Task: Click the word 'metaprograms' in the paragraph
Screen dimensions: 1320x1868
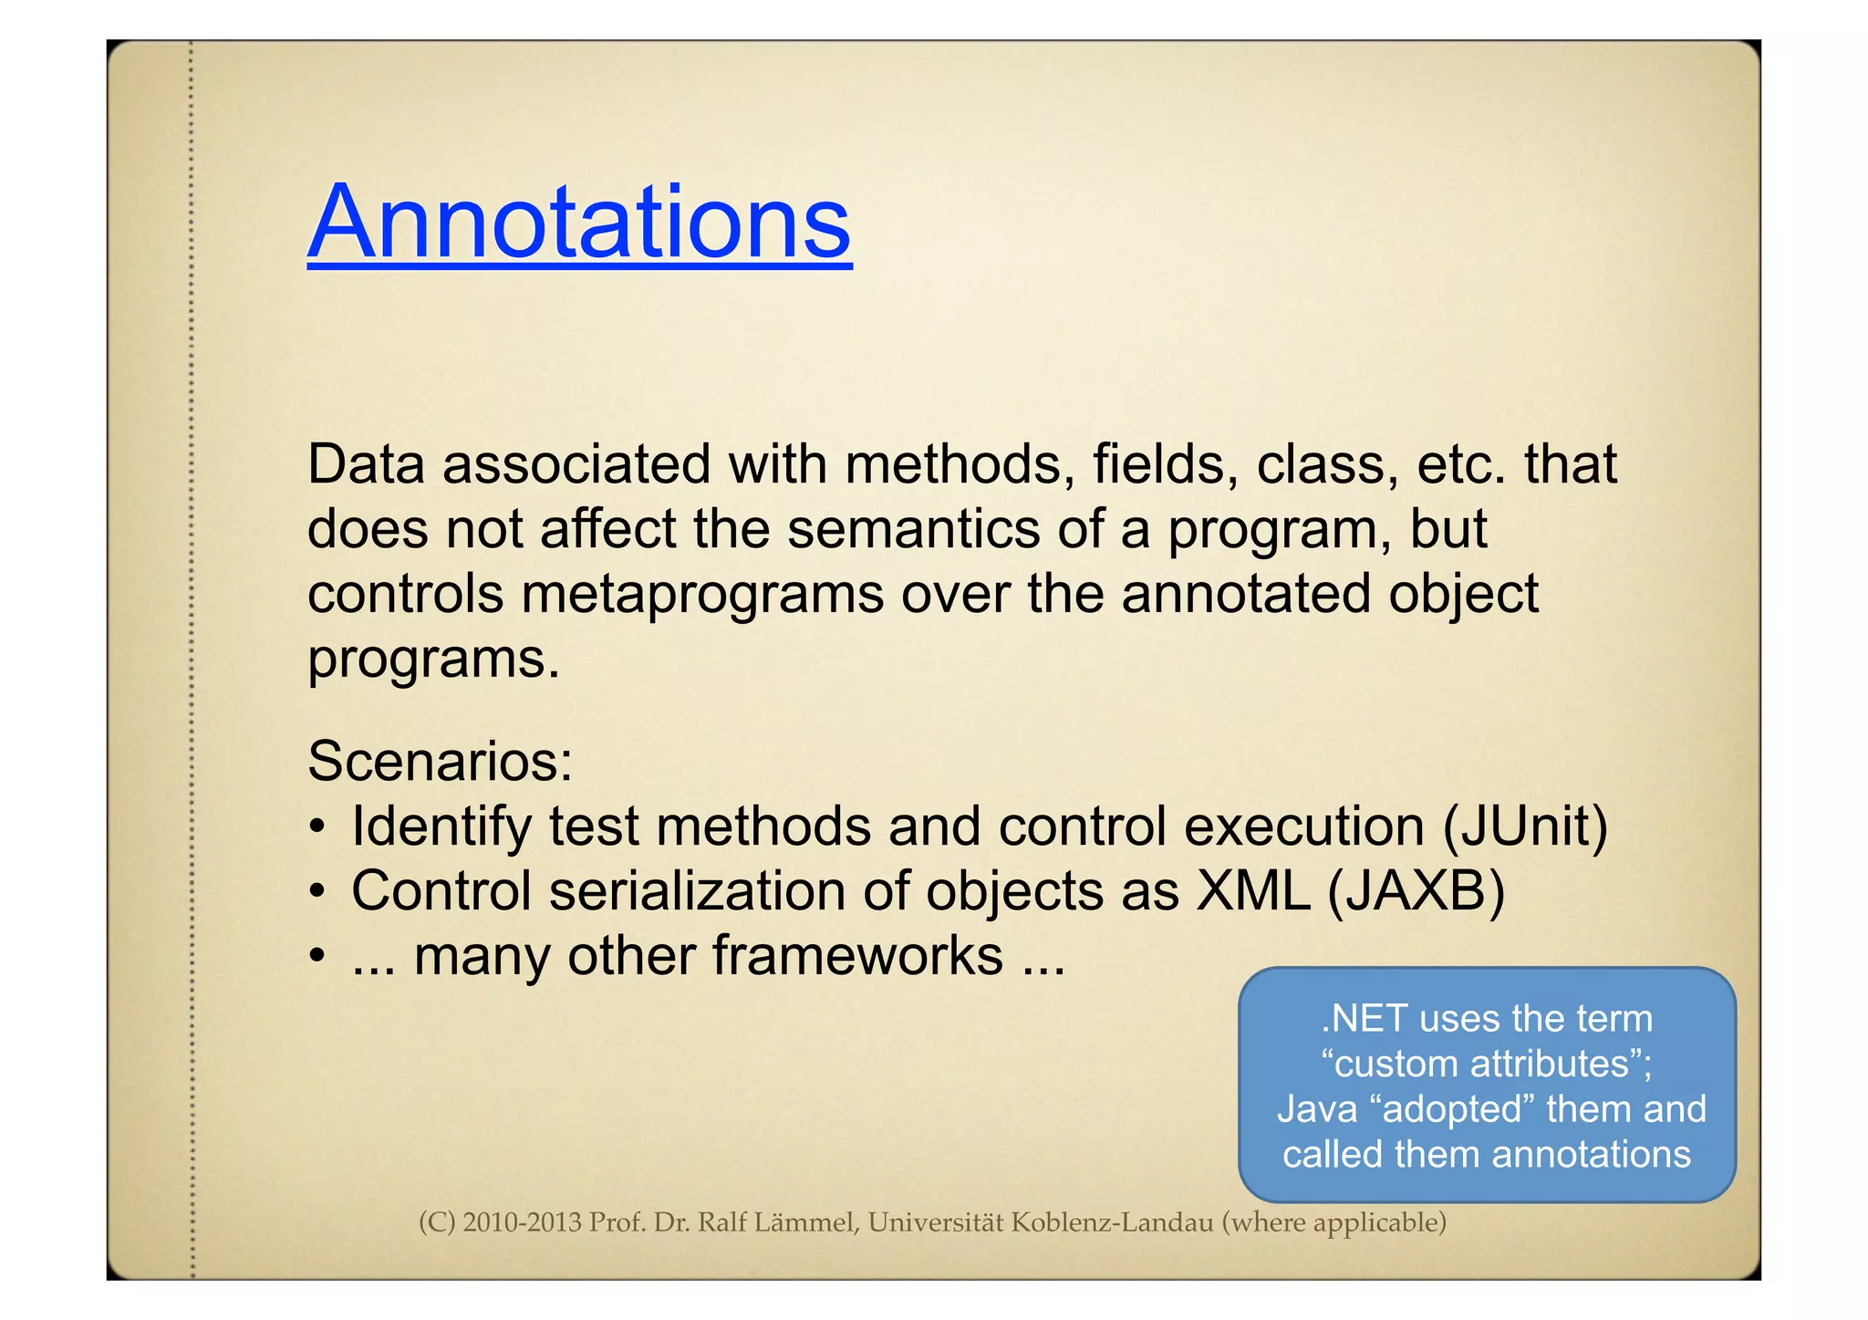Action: point(702,595)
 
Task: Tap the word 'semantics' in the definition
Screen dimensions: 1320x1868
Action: point(913,529)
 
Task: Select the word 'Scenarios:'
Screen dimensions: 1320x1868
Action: point(440,761)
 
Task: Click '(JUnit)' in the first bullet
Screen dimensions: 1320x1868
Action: point(1525,826)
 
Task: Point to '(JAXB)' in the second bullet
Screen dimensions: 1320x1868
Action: point(1416,891)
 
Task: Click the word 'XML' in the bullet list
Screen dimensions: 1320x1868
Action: point(1252,891)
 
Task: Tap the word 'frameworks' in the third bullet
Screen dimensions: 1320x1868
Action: point(857,956)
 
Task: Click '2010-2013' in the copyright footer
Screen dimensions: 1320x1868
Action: point(522,1222)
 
